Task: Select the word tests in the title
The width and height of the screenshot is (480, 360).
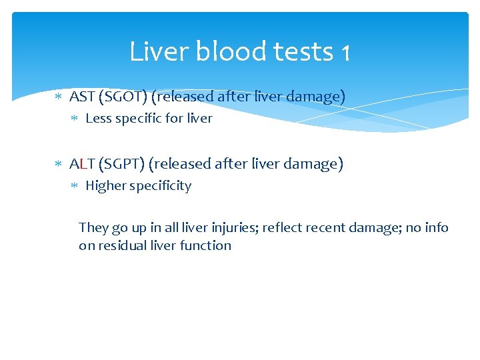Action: pos(301,51)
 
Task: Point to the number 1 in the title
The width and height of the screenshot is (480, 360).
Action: pos(344,53)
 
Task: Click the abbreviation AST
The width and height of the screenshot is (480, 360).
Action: pos(83,97)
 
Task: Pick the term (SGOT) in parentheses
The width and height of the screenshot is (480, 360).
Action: pos(124,97)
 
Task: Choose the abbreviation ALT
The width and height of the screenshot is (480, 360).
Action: pos(82,163)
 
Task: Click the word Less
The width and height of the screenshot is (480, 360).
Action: pos(99,119)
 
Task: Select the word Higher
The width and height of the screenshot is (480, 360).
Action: pos(106,186)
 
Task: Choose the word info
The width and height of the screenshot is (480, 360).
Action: pos(437,227)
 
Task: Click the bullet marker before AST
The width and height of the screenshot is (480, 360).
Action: pos(58,97)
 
